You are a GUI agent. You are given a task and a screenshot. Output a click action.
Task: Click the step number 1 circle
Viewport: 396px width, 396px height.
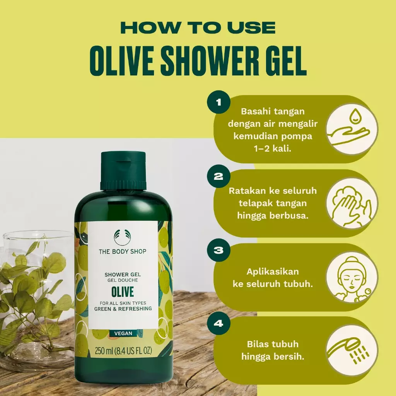(218, 103)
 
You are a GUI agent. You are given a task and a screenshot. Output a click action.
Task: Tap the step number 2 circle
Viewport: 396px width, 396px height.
(218, 177)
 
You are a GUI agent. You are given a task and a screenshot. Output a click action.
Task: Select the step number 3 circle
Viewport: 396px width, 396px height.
(218, 251)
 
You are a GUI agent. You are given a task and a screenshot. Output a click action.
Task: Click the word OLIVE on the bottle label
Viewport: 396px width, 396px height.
(123, 290)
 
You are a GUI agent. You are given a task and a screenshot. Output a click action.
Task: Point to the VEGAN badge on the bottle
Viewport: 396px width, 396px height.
(123, 333)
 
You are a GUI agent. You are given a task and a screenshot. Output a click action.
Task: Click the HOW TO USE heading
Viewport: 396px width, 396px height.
(198, 28)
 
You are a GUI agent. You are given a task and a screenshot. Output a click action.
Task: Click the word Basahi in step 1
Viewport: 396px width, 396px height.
(256, 111)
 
